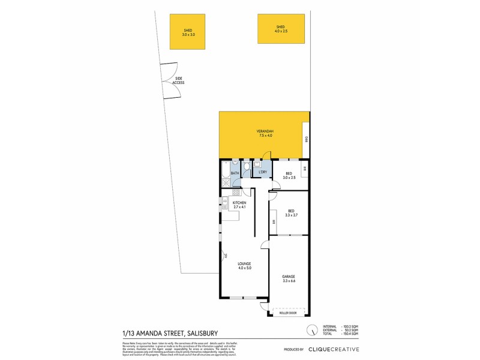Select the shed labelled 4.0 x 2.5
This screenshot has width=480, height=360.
(281, 29)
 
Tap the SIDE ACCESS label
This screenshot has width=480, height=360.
(179, 80)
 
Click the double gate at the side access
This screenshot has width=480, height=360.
(168, 80)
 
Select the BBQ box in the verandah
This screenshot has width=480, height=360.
(306, 139)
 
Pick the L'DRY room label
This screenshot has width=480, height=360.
(262, 173)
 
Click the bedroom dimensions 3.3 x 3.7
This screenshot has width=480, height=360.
(291, 215)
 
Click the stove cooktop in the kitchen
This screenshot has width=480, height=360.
(227, 193)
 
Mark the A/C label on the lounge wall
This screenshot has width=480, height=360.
(225, 256)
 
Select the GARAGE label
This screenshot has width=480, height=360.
(289, 277)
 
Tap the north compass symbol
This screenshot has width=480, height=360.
(311, 330)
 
